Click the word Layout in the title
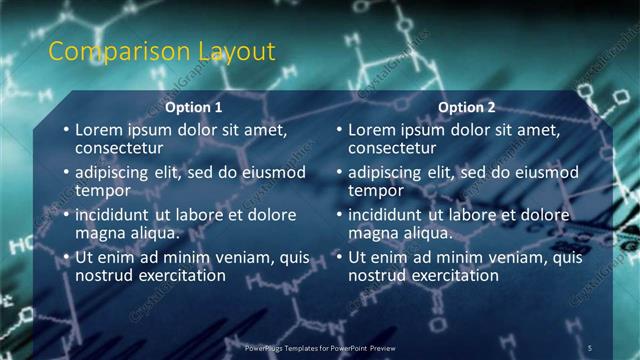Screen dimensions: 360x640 click(233, 52)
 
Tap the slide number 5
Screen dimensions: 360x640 click(591, 347)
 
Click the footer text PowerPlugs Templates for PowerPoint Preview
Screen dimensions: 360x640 click(320, 347)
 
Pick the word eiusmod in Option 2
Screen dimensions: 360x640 click(544, 172)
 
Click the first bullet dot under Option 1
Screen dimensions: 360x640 click(66, 130)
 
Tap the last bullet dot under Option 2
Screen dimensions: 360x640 click(339, 258)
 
